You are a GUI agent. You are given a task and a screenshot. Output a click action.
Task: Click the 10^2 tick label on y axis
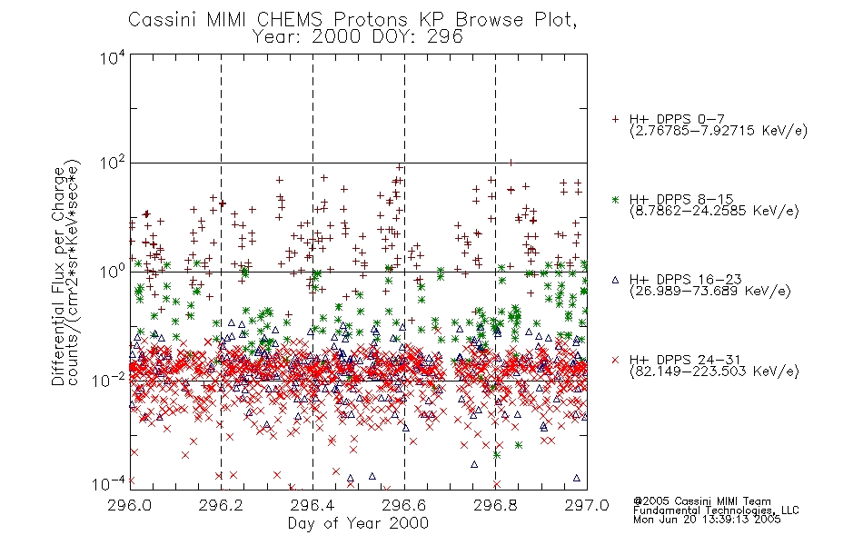(x=114, y=163)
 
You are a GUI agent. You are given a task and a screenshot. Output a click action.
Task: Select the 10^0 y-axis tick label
(x=114, y=272)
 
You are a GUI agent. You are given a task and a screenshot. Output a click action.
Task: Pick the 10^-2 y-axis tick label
(x=110, y=380)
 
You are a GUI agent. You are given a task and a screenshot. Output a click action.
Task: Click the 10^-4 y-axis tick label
(x=110, y=483)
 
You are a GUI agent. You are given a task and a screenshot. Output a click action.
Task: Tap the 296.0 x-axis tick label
(x=130, y=505)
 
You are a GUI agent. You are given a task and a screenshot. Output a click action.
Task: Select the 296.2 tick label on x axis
(x=222, y=505)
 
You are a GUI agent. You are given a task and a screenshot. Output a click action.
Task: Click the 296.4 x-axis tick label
(x=312, y=505)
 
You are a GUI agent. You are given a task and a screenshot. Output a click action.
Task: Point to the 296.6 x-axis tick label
(x=404, y=505)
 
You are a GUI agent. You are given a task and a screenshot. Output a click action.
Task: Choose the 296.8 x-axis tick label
(x=495, y=505)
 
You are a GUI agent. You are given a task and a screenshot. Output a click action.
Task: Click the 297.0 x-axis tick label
(x=587, y=505)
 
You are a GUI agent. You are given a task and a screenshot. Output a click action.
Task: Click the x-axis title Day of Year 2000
(x=358, y=523)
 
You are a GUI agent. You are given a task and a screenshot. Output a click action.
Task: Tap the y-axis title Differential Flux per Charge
(x=57, y=276)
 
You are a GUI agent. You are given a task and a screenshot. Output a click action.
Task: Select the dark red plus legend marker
(x=615, y=119)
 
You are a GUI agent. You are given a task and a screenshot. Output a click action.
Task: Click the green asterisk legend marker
(x=615, y=200)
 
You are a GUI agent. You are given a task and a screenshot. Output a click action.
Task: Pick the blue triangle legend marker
(x=615, y=280)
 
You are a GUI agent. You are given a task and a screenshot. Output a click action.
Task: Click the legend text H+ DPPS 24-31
(x=685, y=360)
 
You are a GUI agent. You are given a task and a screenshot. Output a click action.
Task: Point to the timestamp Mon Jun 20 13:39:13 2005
(x=707, y=520)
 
